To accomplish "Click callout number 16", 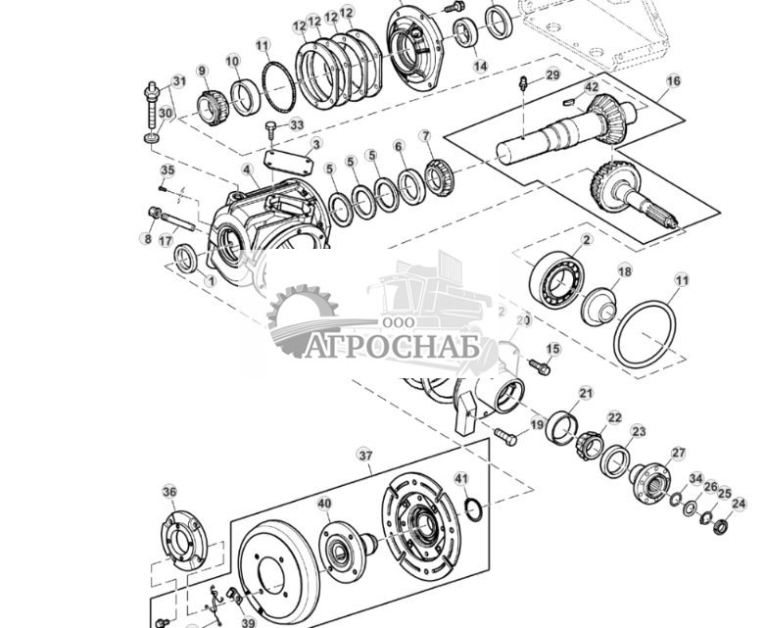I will (673, 82).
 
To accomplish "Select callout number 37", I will (364, 456).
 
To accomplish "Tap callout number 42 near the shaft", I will (592, 87).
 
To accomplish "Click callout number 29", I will (552, 75).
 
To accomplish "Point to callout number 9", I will (202, 71).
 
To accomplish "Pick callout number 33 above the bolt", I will (297, 125).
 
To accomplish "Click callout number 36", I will (169, 492).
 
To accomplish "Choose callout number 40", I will (324, 504).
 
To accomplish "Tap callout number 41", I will (461, 479).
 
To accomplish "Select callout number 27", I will (678, 453).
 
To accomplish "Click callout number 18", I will (624, 271).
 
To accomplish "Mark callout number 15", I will (553, 349).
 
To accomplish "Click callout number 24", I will (739, 504).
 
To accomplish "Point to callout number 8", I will (148, 238).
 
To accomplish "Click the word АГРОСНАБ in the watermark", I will (389, 347).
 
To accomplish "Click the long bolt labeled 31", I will (153, 108).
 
